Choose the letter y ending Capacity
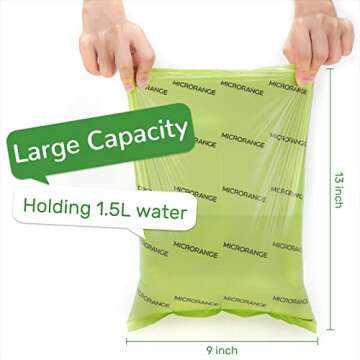[179, 131]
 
